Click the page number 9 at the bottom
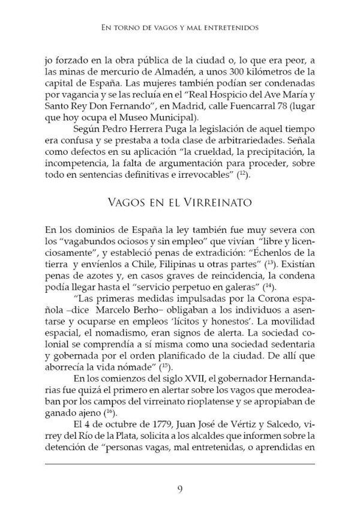coord(180,487)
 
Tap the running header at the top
coord(180,26)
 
